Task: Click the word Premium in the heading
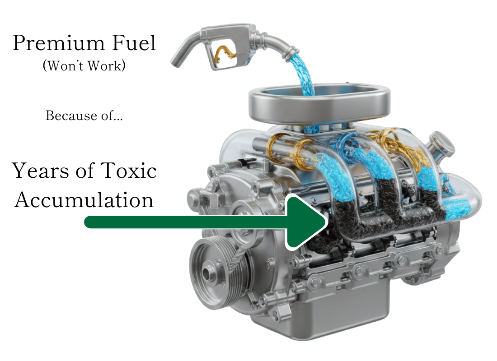pyautogui.click(x=58, y=43)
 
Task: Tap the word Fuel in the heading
pyautogui.click(x=134, y=43)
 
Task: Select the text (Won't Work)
pyautogui.click(x=84, y=66)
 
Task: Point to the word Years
pyautogui.click(x=41, y=171)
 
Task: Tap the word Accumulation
pyautogui.click(x=84, y=200)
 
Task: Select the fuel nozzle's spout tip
pyautogui.click(x=176, y=62)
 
